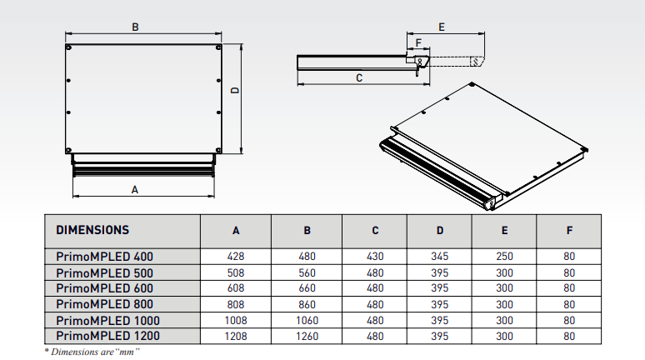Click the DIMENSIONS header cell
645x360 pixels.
pyautogui.click(x=92, y=230)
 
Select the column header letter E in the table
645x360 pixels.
pyautogui.click(x=504, y=231)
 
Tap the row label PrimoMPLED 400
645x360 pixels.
pyautogui.click(x=105, y=257)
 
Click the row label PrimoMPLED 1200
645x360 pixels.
pyautogui.click(x=107, y=336)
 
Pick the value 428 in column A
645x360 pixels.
pyautogui.click(x=236, y=257)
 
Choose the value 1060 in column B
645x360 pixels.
pyautogui.click(x=307, y=320)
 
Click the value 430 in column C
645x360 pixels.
pyautogui.click(x=375, y=257)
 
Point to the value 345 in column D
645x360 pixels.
pyautogui.click(x=440, y=257)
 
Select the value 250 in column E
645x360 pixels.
pyautogui.click(x=504, y=257)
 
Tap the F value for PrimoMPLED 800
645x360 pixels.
pyautogui.click(x=569, y=304)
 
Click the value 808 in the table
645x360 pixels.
pyautogui.click(x=236, y=304)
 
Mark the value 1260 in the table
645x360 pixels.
pyautogui.click(x=307, y=336)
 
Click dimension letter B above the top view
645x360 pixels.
pyautogui.click(x=136, y=27)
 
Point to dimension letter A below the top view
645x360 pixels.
pyautogui.click(x=135, y=190)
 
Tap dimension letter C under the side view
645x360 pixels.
pyautogui.click(x=358, y=77)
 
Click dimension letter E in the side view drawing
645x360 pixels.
pyautogui.click(x=441, y=27)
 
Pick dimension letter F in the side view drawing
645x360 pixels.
pyautogui.click(x=418, y=42)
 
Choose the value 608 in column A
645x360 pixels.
pyautogui.click(x=236, y=288)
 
